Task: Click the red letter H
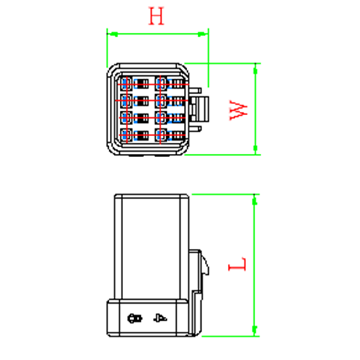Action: [156, 16]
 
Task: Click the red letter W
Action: [239, 110]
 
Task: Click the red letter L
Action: [238, 264]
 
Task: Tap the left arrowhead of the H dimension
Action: [113, 35]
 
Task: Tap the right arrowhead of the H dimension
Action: [203, 34]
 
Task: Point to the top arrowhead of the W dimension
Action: [255, 69]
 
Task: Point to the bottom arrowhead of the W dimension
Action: [255, 149]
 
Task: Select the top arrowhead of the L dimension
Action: [255, 200]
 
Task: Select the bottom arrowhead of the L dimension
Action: [255, 331]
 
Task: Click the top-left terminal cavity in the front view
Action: [126, 84]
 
